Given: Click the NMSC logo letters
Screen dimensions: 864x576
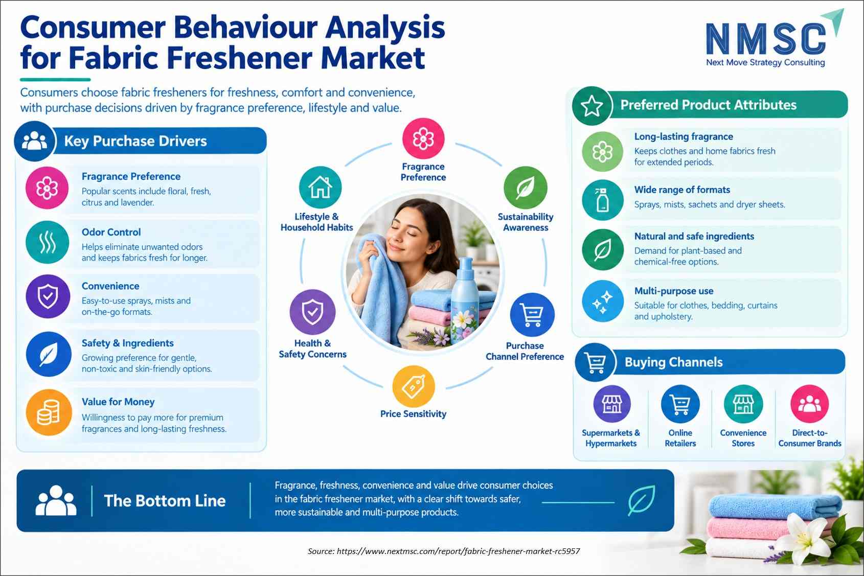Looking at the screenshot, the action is pyautogui.click(x=766, y=38).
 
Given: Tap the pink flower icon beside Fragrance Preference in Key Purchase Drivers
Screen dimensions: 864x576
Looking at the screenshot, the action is pyautogui.click(x=47, y=188).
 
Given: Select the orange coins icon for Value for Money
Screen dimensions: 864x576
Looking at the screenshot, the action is pyautogui.click(x=49, y=412).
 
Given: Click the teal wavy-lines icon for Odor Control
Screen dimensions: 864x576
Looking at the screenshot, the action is pyautogui.click(x=48, y=242).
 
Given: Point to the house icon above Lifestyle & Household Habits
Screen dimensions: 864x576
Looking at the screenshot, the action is pyautogui.click(x=320, y=188).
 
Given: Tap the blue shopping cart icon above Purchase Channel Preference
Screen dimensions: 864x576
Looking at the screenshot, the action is pyautogui.click(x=532, y=315).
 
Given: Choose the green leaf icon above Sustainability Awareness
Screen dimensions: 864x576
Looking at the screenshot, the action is pyautogui.click(x=526, y=188).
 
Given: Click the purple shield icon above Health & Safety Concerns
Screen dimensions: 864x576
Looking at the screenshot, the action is pyautogui.click(x=312, y=312).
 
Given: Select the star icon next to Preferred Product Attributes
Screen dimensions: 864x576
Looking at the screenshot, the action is pyautogui.click(x=592, y=106).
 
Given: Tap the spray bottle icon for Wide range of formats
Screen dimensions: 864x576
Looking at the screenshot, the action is pyautogui.click(x=602, y=200).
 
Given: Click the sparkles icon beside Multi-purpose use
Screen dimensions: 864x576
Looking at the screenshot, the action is pyautogui.click(x=602, y=301).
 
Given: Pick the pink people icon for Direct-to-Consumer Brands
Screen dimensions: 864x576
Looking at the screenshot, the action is pyautogui.click(x=810, y=404).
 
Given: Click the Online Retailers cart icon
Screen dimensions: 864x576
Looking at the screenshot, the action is pyautogui.click(x=680, y=404).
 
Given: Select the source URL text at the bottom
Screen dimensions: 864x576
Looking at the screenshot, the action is pyautogui.click(x=444, y=551).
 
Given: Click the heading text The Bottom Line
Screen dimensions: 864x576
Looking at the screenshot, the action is pyautogui.click(x=165, y=501).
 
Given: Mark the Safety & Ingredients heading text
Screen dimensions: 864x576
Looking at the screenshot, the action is pyautogui.click(x=128, y=343).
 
